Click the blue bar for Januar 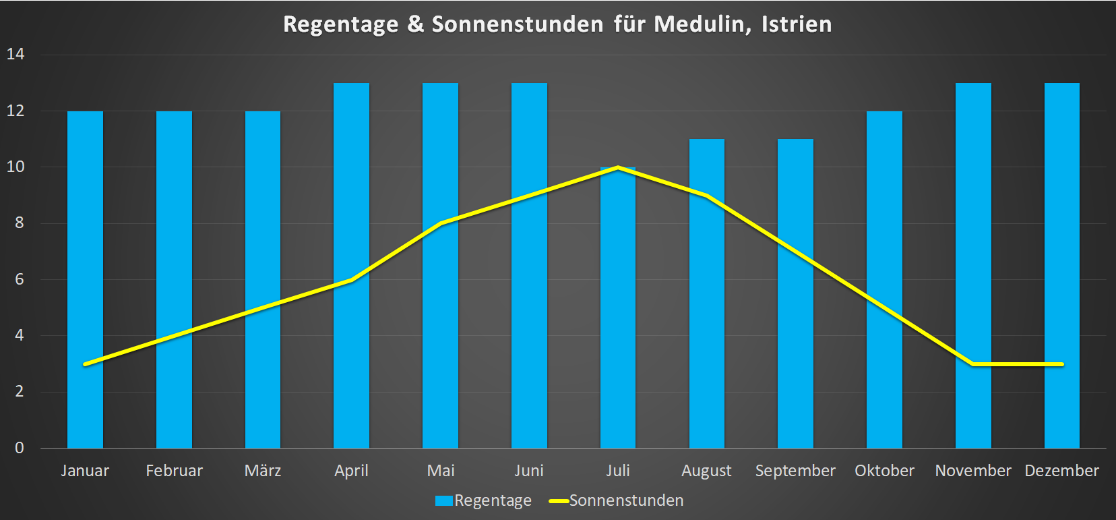click(85, 279)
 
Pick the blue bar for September click(795, 293)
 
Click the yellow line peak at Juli click(618, 167)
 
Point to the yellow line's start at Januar click(85, 364)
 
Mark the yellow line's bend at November click(973, 364)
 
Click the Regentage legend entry click(484, 500)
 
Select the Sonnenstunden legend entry click(617, 500)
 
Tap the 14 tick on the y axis click(15, 54)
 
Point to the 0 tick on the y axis click(20, 448)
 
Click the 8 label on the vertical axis click(20, 223)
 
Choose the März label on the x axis click(263, 471)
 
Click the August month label click(706, 471)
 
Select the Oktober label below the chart click(884, 471)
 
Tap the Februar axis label click(174, 471)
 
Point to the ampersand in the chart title click(415, 24)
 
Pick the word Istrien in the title click(797, 24)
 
